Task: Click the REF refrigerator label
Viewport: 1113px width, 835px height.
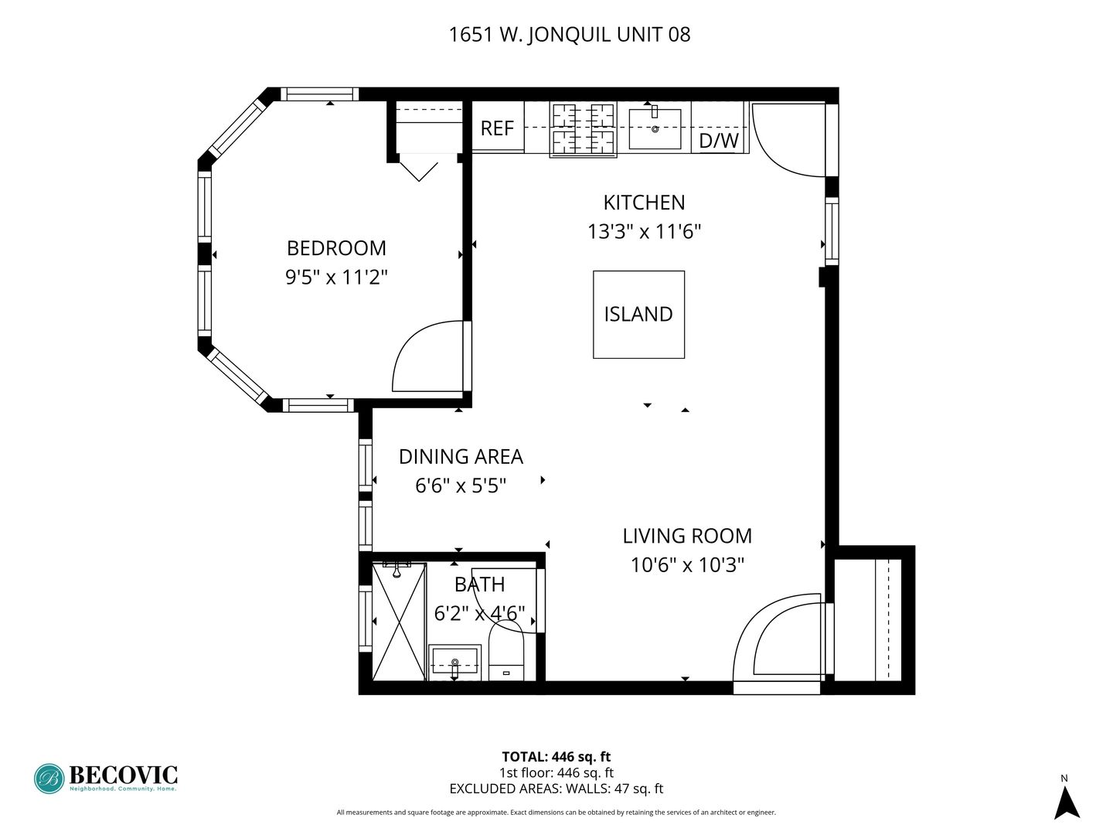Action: click(496, 128)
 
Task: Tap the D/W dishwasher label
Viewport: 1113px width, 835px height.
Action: click(718, 141)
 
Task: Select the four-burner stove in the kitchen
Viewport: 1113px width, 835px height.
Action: click(583, 129)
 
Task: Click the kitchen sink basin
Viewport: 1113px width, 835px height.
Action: click(654, 128)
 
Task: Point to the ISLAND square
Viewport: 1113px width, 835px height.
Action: click(638, 315)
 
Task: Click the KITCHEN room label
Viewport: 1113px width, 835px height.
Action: click(644, 203)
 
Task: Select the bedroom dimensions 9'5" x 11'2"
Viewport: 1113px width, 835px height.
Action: click(336, 278)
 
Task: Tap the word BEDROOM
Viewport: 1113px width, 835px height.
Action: click(336, 248)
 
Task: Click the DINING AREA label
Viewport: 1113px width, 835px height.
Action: click(461, 457)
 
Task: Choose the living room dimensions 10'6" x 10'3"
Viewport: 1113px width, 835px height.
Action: click(686, 564)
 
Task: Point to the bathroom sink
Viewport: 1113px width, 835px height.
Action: click(454, 662)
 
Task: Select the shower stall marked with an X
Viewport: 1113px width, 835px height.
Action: click(399, 621)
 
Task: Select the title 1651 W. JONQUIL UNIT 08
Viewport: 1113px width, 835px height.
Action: click(570, 35)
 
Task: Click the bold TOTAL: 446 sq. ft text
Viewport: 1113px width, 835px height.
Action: click(556, 756)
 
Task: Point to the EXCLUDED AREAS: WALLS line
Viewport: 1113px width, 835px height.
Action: click(556, 789)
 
